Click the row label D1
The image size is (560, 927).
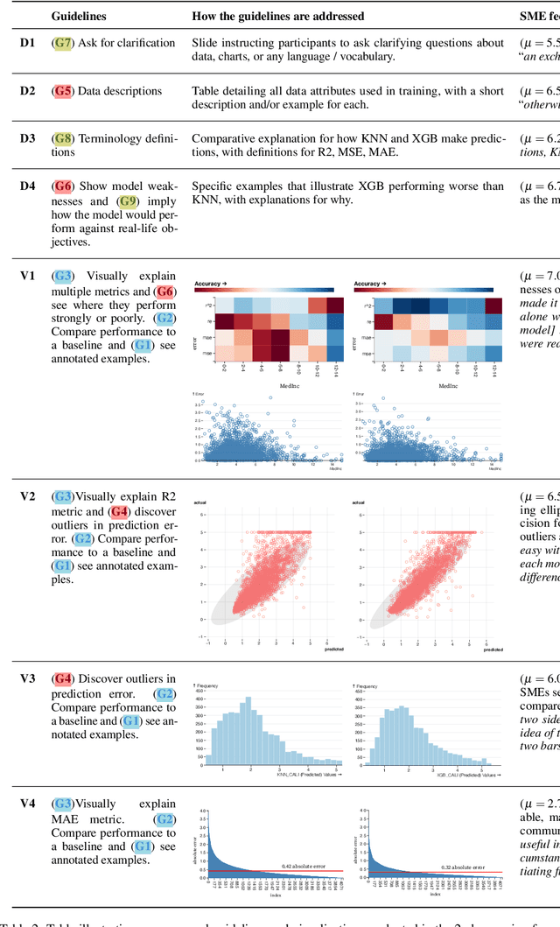click(28, 42)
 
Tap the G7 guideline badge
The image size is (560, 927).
click(63, 42)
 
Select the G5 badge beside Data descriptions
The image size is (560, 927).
click(63, 90)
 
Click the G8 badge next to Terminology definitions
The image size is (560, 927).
click(63, 138)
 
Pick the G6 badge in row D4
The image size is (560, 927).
click(63, 186)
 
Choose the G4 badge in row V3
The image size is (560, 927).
click(63, 678)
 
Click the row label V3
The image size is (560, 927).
click(28, 678)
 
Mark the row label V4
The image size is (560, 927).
click(28, 804)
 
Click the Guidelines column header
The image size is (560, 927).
click(80, 16)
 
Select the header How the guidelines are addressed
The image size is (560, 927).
click(278, 16)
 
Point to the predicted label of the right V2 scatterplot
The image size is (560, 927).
click(493, 649)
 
